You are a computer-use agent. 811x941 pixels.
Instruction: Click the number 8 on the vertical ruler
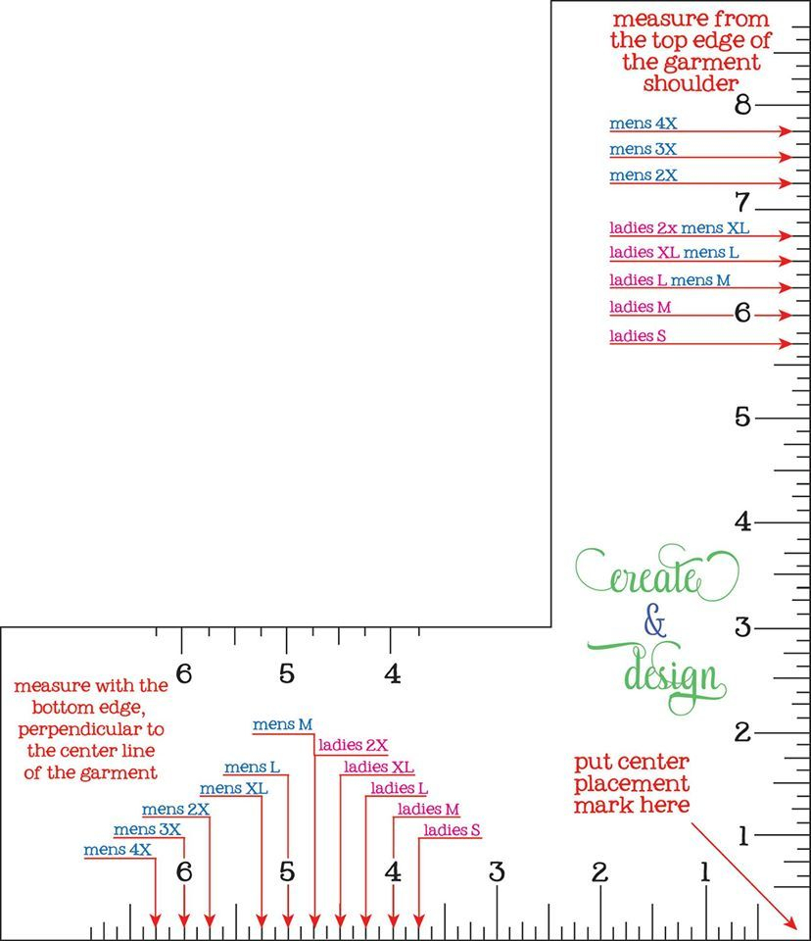click(x=742, y=105)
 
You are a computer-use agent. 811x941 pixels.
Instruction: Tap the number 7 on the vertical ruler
click(x=742, y=202)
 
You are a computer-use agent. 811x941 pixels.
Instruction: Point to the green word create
click(x=657, y=574)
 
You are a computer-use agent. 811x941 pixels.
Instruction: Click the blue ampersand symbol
click(x=655, y=620)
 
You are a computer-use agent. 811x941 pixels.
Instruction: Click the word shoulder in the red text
click(x=691, y=83)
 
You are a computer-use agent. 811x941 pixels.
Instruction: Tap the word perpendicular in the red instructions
click(x=90, y=729)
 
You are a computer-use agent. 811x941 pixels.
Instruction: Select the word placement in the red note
click(x=632, y=784)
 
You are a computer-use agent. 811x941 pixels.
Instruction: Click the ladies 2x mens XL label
click(x=679, y=228)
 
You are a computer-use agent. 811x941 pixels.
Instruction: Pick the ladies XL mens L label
click(x=674, y=253)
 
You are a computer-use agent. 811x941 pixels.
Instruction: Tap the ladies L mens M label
click(x=669, y=280)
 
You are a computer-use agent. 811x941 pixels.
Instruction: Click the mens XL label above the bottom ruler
click(x=233, y=788)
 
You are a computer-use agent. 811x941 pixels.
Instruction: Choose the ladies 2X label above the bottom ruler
click(x=353, y=745)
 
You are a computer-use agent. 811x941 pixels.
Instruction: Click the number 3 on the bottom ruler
click(x=497, y=872)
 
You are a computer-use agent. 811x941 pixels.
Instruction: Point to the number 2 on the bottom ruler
click(x=599, y=872)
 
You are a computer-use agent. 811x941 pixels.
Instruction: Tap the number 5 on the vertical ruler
click(x=742, y=418)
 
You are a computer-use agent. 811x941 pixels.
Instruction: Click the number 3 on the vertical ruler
click(x=742, y=627)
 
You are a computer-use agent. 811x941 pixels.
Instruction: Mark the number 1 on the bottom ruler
click(x=705, y=872)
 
